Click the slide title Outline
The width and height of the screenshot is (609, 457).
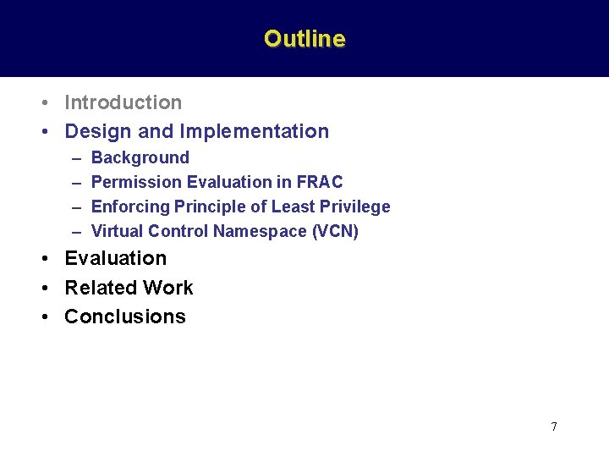pyautogui.click(x=304, y=39)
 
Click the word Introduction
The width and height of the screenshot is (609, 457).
pyautogui.click(x=123, y=102)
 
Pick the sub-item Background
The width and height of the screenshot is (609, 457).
pyautogui.click(x=140, y=157)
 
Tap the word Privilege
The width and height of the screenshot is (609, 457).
pyautogui.click(x=354, y=206)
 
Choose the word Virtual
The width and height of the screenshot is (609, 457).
pyautogui.click(x=117, y=231)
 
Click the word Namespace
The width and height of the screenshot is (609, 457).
pyautogui.click(x=254, y=231)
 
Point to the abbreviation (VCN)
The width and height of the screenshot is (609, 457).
pyautogui.click(x=336, y=231)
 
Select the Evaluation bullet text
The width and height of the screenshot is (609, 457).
pyautogui.click(x=116, y=258)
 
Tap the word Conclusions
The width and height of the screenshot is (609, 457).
pyautogui.click(x=125, y=317)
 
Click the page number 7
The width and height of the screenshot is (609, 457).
pyautogui.click(x=554, y=427)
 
